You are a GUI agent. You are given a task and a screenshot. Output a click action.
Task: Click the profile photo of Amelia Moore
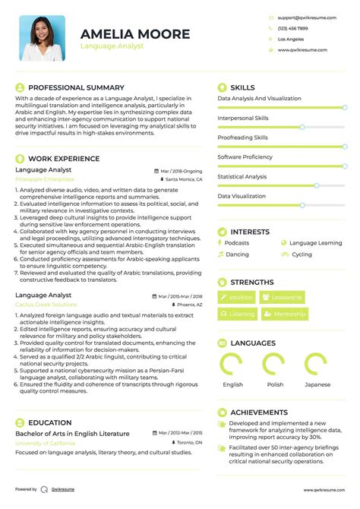coord(43,38)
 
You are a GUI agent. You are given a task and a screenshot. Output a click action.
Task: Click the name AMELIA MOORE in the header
coord(135,33)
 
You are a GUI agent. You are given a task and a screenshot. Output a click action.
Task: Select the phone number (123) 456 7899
coord(292,27)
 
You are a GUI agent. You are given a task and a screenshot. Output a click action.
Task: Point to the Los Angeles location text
coord(291,39)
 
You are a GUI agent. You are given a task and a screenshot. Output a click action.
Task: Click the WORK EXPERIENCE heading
coord(64,159)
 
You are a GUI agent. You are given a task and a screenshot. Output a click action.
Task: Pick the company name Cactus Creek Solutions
coord(46,304)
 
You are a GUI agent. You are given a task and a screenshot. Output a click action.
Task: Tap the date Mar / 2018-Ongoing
coord(181,171)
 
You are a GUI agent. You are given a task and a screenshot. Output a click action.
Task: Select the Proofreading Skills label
coord(242,138)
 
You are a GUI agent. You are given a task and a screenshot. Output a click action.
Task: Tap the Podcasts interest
coord(237,243)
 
